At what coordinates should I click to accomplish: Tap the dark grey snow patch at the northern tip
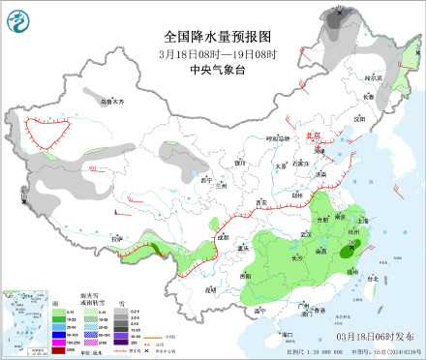338,18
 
